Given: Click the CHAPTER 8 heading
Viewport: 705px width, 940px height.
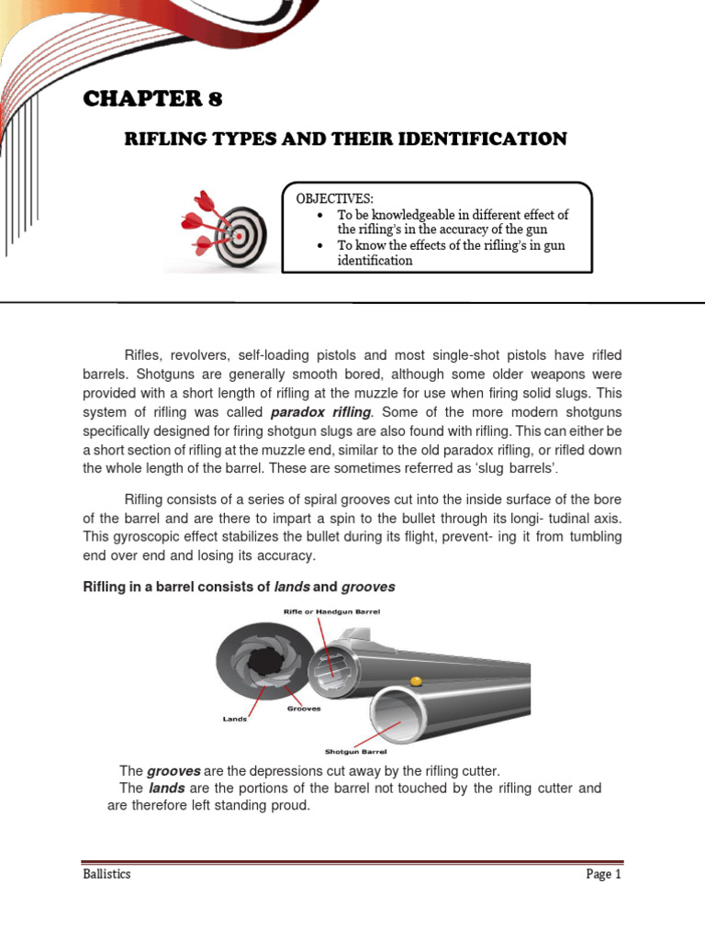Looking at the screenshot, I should pos(153,99).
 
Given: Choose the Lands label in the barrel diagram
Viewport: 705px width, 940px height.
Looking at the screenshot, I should pos(236,719).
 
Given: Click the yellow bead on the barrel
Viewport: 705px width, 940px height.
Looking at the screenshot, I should pos(416,681).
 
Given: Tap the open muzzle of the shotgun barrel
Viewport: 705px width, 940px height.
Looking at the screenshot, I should pos(395,716).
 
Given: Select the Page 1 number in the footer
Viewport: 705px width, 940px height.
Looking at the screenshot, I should pos(604,874).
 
